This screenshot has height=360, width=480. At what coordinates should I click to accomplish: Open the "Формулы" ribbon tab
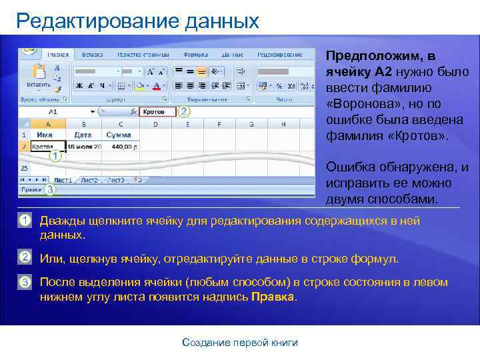pos(195,54)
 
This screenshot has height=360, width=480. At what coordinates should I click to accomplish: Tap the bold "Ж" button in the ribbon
pos(79,86)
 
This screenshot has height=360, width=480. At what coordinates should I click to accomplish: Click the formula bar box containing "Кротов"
pos(158,112)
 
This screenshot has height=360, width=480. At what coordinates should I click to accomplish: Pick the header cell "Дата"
pos(83,134)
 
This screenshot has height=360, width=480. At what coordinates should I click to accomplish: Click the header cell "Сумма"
pos(120,134)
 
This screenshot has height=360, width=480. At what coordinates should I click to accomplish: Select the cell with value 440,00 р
pos(122,146)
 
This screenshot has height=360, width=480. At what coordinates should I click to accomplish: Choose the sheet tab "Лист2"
pos(89,180)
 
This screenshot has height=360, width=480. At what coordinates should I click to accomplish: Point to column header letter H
pos(283,124)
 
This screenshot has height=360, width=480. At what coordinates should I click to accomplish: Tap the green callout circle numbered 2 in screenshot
pos(184,111)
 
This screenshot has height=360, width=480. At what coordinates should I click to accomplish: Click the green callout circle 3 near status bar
pos(49,190)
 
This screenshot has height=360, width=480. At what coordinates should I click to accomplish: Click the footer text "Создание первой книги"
pos(240,343)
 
